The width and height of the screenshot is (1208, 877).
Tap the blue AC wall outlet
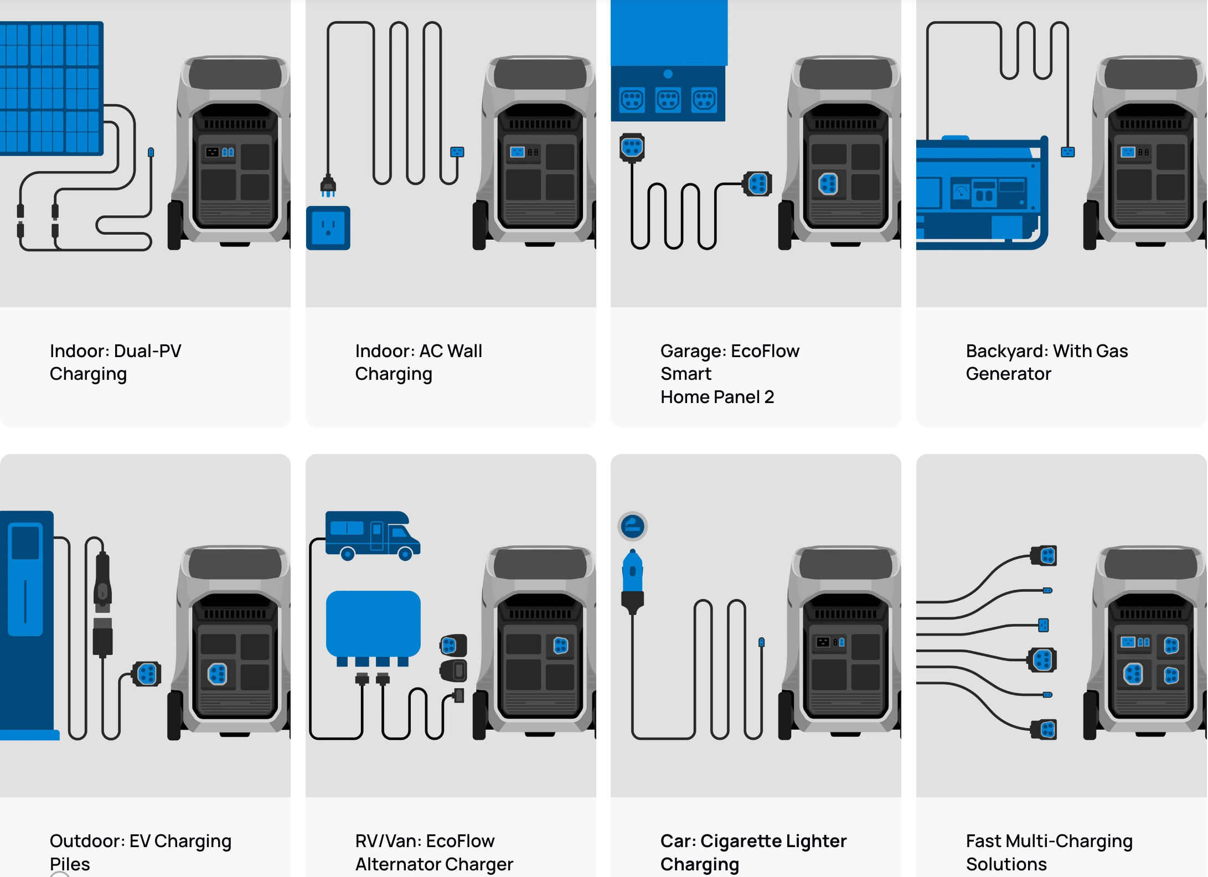click(328, 228)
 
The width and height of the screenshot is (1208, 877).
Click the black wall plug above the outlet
click(328, 185)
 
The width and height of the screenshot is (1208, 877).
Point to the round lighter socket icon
click(632, 526)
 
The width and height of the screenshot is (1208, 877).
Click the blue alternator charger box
click(373, 623)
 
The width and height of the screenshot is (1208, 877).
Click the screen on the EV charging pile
click(25, 543)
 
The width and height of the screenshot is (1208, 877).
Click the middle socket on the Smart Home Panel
click(668, 100)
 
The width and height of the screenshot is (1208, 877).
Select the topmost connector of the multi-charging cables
click(1045, 555)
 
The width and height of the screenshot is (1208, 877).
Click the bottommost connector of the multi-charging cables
click(1045, 729)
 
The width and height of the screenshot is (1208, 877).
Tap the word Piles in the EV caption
click(70, 864)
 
